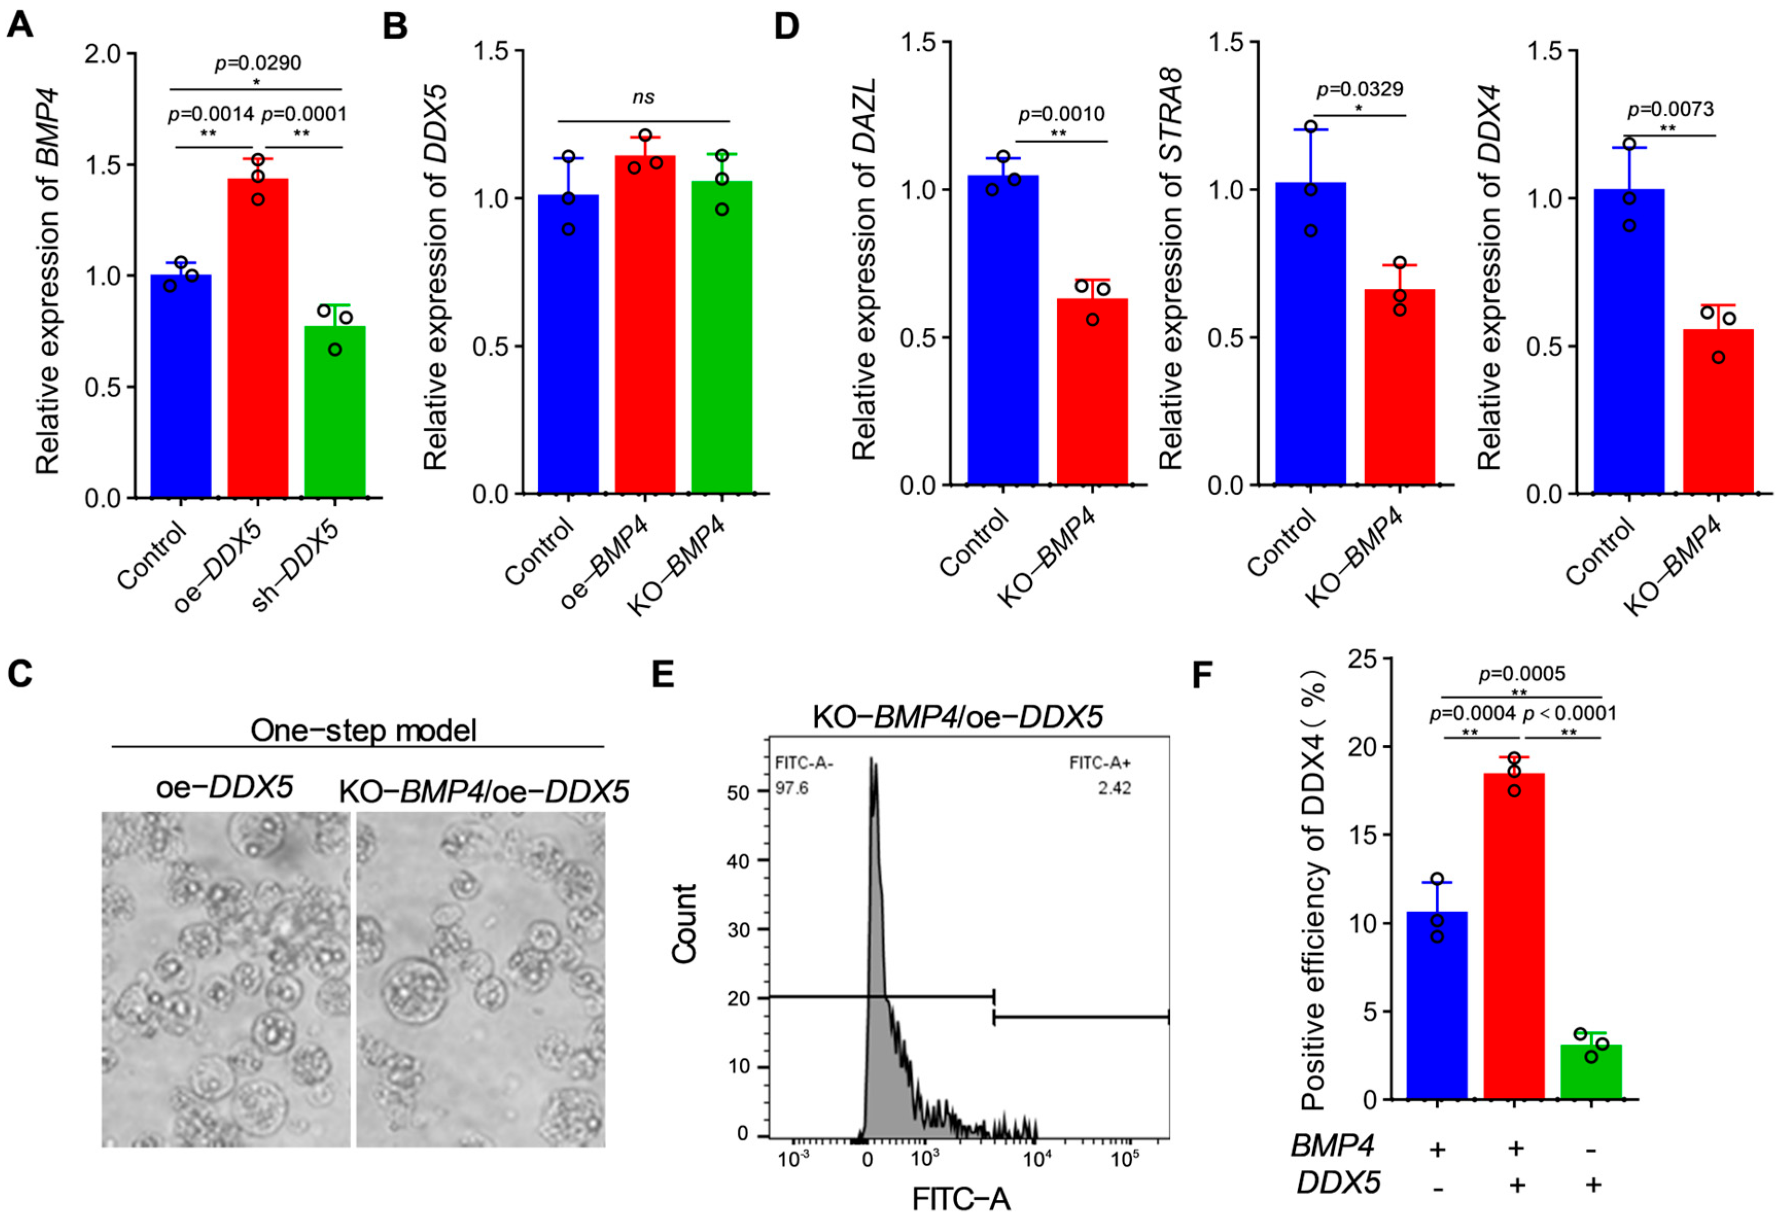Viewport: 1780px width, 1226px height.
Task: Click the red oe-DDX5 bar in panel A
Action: pos(257,338)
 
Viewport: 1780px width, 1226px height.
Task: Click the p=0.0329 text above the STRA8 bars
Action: pos(1359,90)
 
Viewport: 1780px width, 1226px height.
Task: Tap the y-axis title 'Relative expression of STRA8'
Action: pos(1172,269)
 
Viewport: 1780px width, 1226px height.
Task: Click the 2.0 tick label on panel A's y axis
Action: pos(103,55)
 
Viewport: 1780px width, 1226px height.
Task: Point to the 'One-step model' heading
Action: pos(363,730)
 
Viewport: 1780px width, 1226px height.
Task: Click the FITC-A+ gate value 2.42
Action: pos(1114,788)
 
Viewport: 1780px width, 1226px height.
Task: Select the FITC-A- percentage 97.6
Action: pos(791,788)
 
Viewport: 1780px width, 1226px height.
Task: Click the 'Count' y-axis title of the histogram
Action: pos(684,923)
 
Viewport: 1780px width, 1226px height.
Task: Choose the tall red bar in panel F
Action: pos(1513,937)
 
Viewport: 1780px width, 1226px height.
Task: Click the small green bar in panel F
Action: pos(1591,1073)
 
